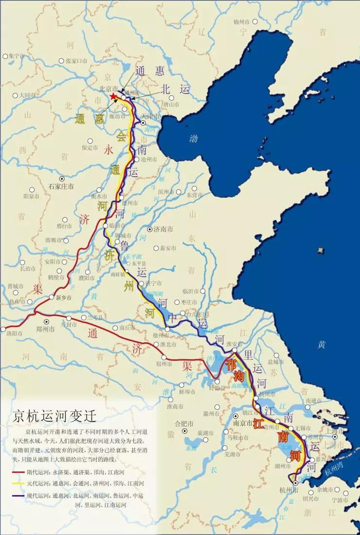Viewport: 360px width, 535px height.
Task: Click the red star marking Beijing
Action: coord(113,97)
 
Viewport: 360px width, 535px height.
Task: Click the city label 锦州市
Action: coord(241,22)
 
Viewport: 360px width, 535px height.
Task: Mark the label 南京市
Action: coord(242,423)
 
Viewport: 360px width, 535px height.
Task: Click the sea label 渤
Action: coord(194,139)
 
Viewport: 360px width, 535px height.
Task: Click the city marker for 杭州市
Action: coord(296,483)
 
